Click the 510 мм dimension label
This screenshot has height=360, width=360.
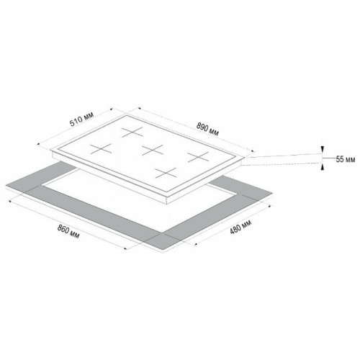81,120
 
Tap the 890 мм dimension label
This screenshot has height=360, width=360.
207,129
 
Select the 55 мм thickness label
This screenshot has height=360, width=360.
346,159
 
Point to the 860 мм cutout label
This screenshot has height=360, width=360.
68,232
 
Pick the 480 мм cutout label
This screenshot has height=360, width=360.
240,227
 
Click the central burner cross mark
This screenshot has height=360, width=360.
153,150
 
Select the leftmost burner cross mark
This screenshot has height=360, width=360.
101,149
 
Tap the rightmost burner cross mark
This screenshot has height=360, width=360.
198,157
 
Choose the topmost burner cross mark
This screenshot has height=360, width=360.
132,132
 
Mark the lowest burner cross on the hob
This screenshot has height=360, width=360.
166,173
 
